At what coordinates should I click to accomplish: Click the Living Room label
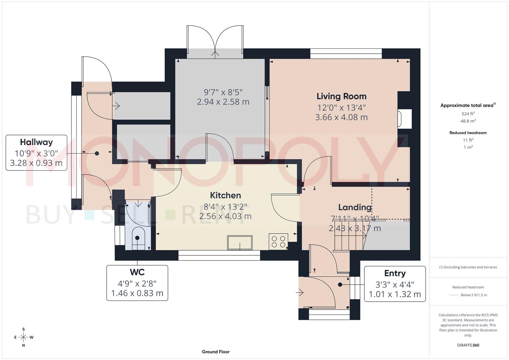(x=341, y=96)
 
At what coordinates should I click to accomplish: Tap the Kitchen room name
(x=225, y=195)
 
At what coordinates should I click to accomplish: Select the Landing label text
(x=355, y=207)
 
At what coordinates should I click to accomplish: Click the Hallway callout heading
(x=36, y=142)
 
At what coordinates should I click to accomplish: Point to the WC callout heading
(x=137, y=272)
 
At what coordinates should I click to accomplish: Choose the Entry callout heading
(x=395, y=273)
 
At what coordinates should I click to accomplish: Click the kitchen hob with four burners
(x=278, y=242)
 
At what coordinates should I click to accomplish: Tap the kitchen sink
(x=240, y=242)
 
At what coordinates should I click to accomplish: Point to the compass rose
(x=23, y=337)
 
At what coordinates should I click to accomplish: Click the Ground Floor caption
(x=216, y=352)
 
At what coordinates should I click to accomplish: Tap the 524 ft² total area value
(x=468, y=114)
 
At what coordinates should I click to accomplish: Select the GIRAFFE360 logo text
(x=468, y=345)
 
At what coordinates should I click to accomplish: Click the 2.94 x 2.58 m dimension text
(x=223, y=102)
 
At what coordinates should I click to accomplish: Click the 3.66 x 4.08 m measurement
(x=341, y=117)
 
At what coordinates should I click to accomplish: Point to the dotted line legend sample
(x=453, y=295)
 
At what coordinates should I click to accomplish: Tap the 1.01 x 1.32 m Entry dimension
(x=395, y=294)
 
